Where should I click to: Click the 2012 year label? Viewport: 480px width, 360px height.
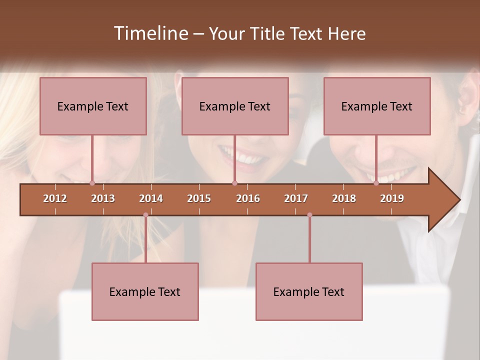[x=55, y=198]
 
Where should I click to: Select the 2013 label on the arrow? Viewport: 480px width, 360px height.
[x=103, y=198]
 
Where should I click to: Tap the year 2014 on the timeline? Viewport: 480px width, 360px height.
[x=151, y=198]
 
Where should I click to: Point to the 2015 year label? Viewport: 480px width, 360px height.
[x=199, y=198]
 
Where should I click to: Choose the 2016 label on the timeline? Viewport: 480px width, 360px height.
[x=248, y=198]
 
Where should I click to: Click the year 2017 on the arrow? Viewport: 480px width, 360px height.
[x=296, y=198]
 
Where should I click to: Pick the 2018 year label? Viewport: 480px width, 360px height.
[x=344, y=198]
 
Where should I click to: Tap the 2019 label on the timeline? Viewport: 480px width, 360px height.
[x=392, y=198]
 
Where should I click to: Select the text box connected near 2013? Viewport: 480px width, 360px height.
[x=93, y=106]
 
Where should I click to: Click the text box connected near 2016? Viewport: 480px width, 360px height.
[x=235, y=106]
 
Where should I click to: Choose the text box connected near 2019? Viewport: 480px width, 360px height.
[x=377, y=106]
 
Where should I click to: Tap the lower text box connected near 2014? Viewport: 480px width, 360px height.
[x=145, y=291]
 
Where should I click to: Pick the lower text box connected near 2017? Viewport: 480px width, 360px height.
[x=309, y=291]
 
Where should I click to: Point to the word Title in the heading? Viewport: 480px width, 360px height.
[x=268, y=34]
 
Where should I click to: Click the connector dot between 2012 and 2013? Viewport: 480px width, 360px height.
[x=92, y=183]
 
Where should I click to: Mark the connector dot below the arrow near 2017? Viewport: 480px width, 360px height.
[x=309, y=215]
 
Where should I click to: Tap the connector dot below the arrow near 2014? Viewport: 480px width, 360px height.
[x=145, y=215]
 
